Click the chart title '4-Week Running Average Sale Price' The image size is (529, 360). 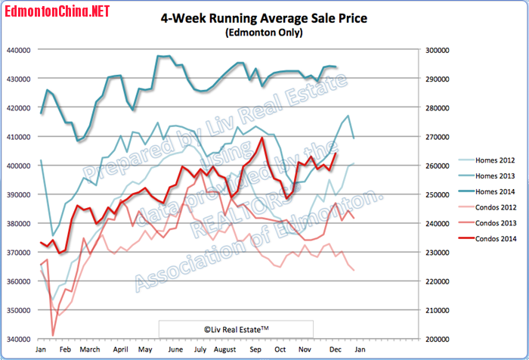click(264, 19)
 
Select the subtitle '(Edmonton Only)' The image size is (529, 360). click(264, 33)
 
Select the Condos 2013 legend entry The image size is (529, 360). click(487, 224)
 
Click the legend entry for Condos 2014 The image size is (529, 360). click(487, 239)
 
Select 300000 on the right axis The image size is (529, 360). click(437, 50)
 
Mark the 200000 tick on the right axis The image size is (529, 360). click(437, 340)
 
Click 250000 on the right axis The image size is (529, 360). click(437, 195)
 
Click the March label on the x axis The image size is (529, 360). click(90, 350)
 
